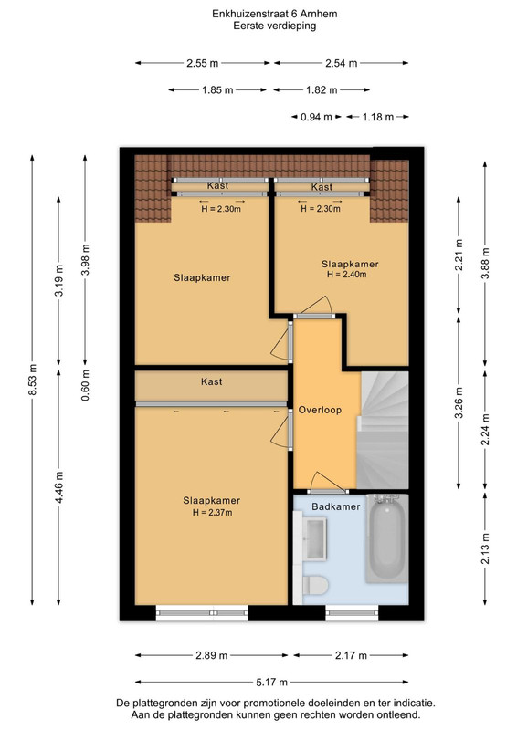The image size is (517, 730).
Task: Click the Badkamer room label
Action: (335, 506)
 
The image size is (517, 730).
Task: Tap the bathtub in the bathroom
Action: (387, 538)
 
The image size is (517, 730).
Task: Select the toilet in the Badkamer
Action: (315, 585)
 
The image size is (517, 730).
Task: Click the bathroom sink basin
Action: (315, 538)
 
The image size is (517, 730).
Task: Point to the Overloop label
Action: (320, 410)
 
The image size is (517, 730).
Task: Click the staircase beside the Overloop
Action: (383, 430)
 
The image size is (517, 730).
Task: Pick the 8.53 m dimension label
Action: (33, 380)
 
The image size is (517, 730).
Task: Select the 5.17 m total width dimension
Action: (272, 682)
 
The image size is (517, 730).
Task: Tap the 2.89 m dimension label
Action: (212, 655)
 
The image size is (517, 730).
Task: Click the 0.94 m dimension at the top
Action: (316, 117)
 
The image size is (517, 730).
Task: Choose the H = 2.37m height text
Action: (212, 513)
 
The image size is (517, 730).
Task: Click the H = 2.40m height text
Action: (346, 275)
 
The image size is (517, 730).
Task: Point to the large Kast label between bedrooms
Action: (212, 381)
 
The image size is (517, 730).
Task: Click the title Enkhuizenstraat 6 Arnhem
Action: (275, 14)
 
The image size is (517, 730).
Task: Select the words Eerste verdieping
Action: (275, 26)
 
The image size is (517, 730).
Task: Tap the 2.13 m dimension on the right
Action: (485, 548)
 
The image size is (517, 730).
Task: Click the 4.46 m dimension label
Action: (58, 487)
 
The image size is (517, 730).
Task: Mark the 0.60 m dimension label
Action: (85, 385)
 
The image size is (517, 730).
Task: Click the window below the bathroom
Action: (352, 613)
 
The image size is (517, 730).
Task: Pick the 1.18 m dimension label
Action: (378, 117)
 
